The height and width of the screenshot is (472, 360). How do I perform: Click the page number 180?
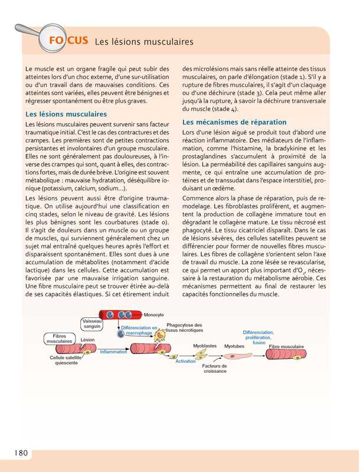[x=18, y=453]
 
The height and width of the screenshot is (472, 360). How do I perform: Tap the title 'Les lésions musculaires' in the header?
[x=144, y=42]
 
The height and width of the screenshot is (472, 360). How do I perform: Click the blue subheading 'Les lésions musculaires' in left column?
[x=67, y=113]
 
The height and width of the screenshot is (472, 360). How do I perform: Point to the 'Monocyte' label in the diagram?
[x=154, y=314]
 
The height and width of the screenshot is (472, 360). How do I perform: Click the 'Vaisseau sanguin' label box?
[x=92, y=323]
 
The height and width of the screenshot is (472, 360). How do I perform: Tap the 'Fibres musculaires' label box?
[x=59, y=338]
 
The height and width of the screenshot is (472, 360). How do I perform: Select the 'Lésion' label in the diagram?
[x=87, y=340]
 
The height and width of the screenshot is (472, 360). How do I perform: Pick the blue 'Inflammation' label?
[x=113, y=352]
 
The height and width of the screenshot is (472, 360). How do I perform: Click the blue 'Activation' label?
[x=185, y=360]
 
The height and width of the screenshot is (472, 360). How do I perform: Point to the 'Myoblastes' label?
[x=205, y=346]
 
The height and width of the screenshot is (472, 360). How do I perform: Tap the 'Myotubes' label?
[x=234, y=346]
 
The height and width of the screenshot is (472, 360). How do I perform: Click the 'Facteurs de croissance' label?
[x=214, y=368]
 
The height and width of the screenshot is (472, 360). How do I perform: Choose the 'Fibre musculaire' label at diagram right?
[x=286, y=346]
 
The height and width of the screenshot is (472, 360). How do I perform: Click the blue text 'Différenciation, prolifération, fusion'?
[x=258, y=337]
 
